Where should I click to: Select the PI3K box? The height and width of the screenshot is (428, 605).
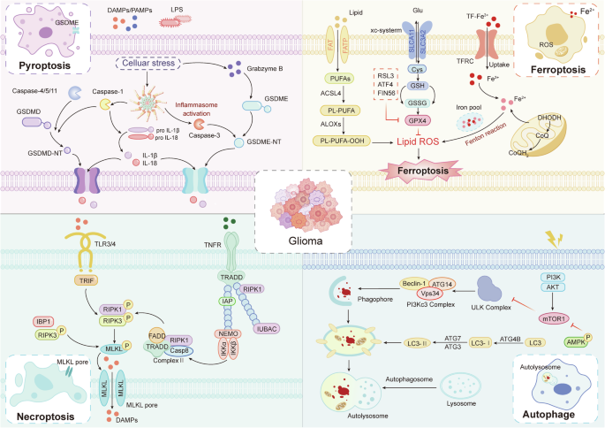click(x=553, y=278)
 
